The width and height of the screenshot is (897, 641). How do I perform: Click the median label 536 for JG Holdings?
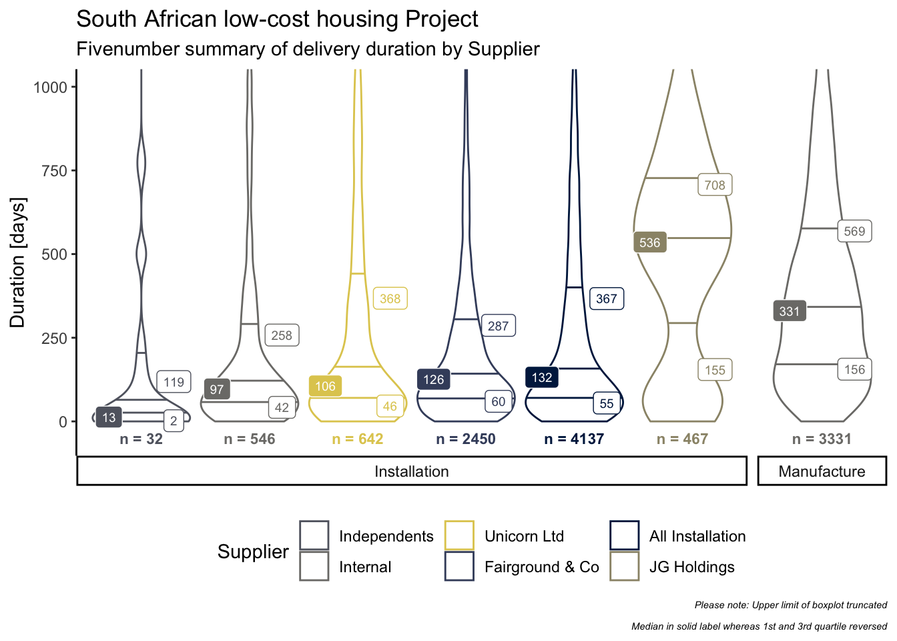(x=649, y=242)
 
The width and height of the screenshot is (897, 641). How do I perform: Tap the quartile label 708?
(x=715, y=185)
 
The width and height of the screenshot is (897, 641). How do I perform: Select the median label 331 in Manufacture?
(x=790, y=311)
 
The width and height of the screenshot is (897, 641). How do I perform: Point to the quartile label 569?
(x=854, y=231)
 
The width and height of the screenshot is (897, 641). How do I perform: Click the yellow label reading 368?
(x=390, y=298)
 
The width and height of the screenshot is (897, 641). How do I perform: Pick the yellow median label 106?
(x=325, y=386)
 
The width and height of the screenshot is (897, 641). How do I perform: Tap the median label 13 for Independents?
(x=109, y=417)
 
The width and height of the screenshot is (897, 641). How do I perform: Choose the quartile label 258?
(x=282, y=335)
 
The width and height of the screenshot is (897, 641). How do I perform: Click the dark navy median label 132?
(x=542, y=377)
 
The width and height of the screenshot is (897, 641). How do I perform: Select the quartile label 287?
(x=498, y=325)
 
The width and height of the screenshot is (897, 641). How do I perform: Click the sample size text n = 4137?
(x=574, y=439)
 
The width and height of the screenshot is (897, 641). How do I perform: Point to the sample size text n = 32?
(x=141, y=439)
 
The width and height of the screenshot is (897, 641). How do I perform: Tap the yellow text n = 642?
(x=358, y=439)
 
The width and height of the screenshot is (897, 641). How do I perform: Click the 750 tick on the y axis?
(x=54, y=171)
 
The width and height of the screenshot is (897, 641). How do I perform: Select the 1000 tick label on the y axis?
(x=51, y=87)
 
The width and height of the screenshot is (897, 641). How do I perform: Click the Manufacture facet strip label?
(x=822, y=471)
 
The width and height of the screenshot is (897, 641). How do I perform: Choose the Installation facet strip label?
(x=412, y=471)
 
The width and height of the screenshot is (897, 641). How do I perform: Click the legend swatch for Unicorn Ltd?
(x=459, y=536)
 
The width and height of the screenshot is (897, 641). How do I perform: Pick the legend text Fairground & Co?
(x=542, y=566)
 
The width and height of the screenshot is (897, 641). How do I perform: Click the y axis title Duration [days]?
(x=17, y=262)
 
